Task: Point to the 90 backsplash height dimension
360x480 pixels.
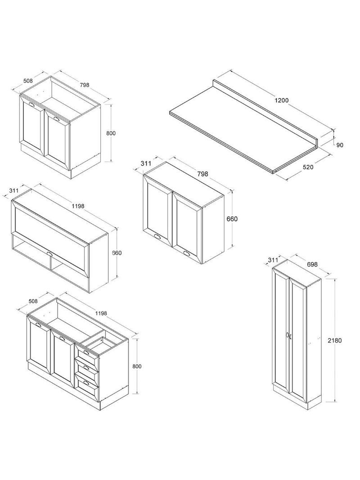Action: coord(340,145)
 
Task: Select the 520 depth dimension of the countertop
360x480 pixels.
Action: coord(308,167)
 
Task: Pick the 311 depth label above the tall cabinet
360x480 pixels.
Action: coord(273,260)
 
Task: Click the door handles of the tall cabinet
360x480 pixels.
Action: coord(288,335)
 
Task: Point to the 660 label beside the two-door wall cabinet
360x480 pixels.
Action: coord(232,219)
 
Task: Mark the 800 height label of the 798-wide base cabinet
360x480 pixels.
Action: coord(111,133)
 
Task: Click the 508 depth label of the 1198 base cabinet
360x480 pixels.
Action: coord(33,301)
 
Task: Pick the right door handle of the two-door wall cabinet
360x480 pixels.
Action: coord(187,254)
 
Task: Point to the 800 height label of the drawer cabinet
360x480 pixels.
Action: coord(136,366)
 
